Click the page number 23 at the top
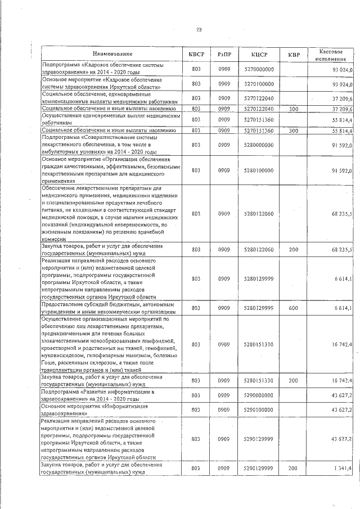coord(198,30)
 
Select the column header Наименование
coord(113,53)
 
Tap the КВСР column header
coord(196,54)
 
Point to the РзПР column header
coord(224,54)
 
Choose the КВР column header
coord(294,54)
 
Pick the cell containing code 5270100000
coord(259,83)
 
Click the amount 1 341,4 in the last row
coord(341,469)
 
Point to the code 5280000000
coord(259,145)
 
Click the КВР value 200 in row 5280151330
coord(294,381)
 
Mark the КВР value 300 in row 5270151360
coord(294,130)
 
